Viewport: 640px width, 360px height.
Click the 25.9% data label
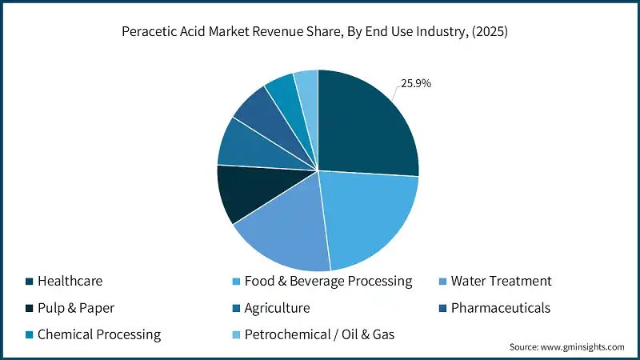click(x=415, y=82)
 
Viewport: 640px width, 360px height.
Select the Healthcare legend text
click(x=70, y=282)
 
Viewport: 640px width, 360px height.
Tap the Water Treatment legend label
click(x=501, y=282)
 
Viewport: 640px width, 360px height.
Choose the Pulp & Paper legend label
click(x=77, y=308)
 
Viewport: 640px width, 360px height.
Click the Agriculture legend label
click(x=277, y=308)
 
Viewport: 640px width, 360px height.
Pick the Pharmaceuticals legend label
click(x=501, y=308)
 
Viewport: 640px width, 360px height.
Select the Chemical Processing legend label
click(x=99, y=334)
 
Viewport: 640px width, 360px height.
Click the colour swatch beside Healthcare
click(x=30, y=282)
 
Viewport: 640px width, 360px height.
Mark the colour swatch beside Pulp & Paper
click(x=30, y=308)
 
